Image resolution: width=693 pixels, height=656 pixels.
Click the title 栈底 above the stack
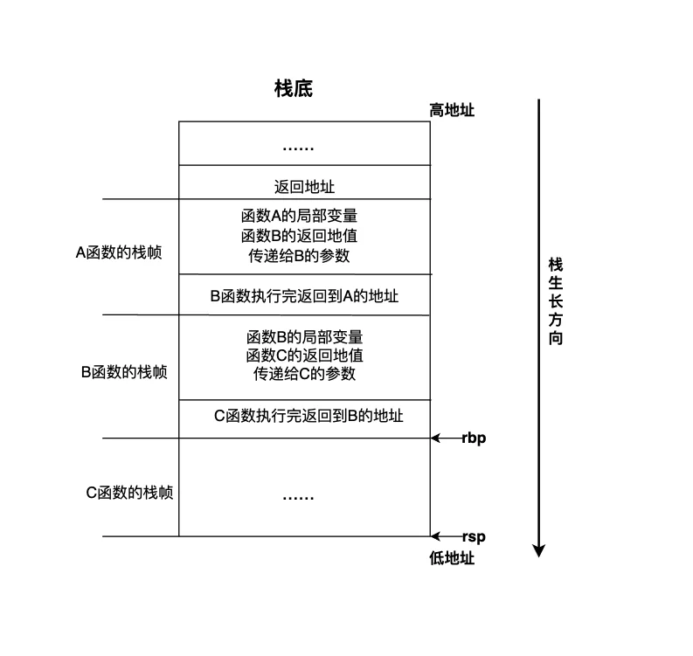[293, 88]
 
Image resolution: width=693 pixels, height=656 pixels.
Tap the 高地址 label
[451, 110]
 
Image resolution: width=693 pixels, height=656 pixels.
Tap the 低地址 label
[452, 558]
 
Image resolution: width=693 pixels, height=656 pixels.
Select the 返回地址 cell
[304, 187]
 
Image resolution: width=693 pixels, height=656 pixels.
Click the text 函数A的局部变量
[299, 215]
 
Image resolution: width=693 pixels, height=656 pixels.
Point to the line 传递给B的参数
[299, 256]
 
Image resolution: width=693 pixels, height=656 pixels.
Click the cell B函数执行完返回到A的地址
[304, 296]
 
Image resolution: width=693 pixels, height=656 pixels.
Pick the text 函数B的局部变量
[304, 336]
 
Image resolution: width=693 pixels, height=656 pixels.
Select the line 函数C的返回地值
[304, 356]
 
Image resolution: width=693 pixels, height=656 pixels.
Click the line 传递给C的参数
[304, 375]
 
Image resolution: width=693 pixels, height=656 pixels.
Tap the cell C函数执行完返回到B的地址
[308, 416]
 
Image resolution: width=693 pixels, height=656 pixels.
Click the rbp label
[474, 438]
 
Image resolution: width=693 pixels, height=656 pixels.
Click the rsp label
[474, 537]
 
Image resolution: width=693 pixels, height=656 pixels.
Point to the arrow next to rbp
[446, 438]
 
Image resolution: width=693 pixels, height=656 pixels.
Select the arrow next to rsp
[446, 537]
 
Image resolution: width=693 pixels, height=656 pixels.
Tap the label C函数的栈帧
[128, 493]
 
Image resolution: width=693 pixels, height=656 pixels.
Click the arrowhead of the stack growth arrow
[539, 550]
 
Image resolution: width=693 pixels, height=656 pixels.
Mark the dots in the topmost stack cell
[298, 148]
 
